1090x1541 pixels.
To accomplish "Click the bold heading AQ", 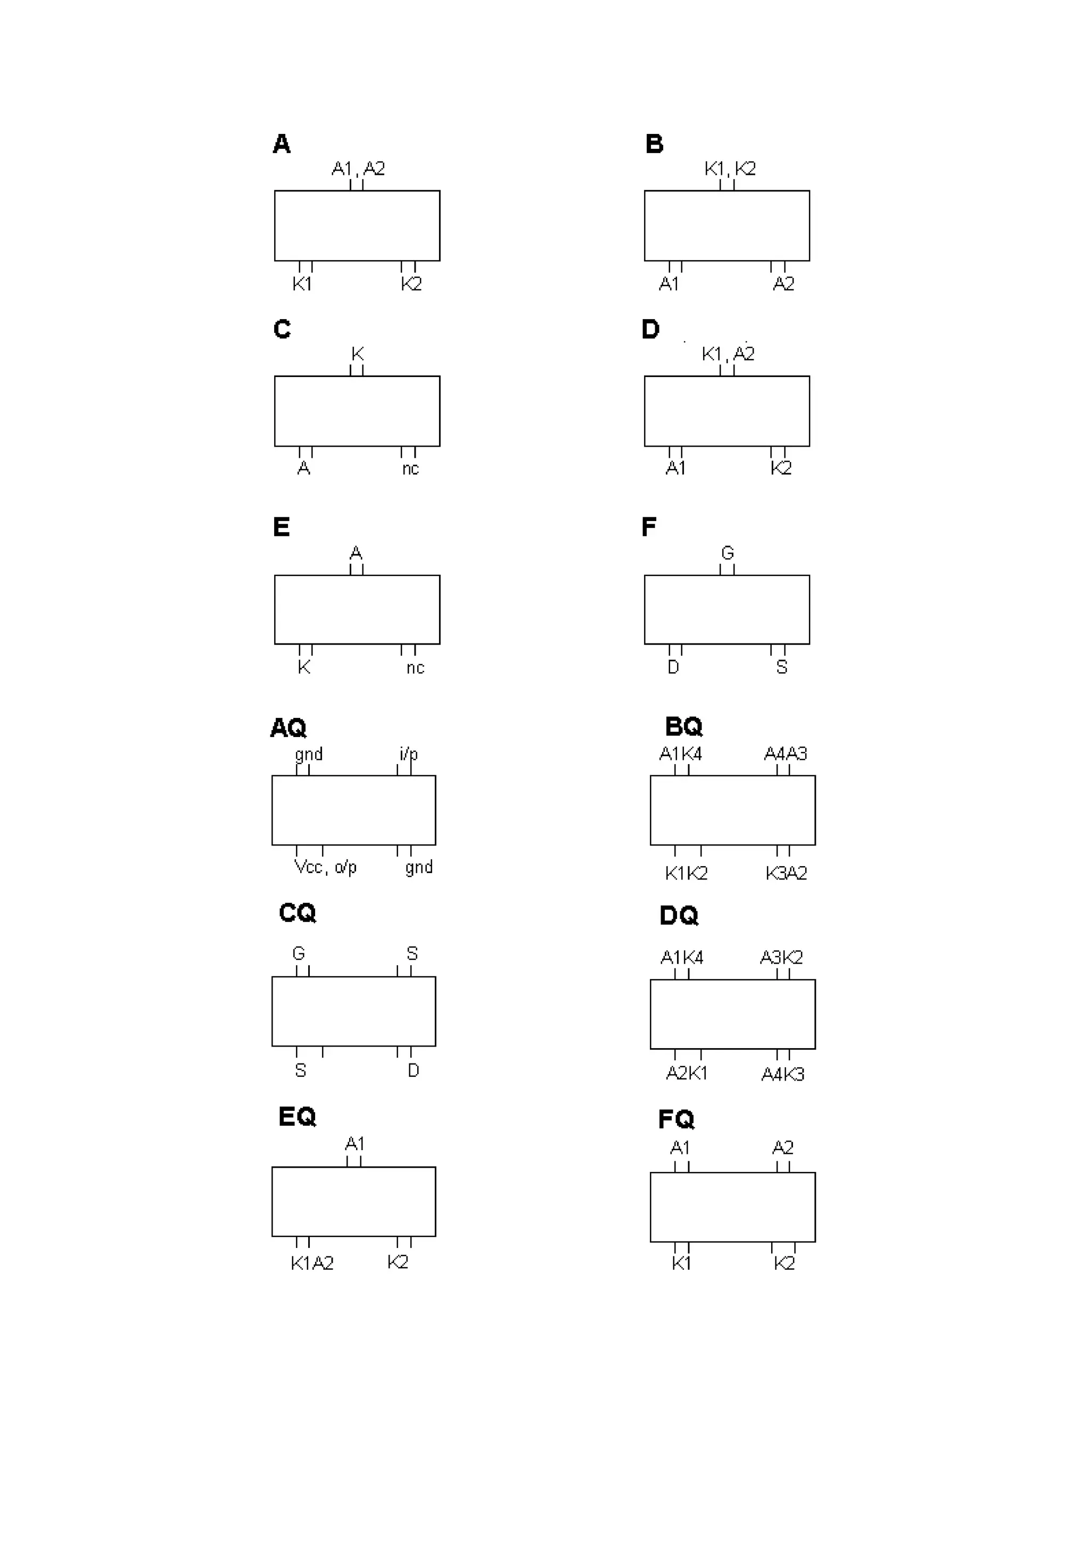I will tap(288, 727).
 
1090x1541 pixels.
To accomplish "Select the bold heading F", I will tap(649, 527).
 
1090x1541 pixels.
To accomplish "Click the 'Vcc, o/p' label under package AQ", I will tap(326, 867).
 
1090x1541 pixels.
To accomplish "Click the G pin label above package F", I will tap(728, 553).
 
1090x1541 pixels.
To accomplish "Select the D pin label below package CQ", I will tap(413, 1070).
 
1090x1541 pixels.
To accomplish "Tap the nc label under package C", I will tap(410, 468).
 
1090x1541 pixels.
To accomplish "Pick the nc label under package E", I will tap(415, 667).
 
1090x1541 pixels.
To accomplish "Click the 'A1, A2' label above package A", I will tap(358, 169).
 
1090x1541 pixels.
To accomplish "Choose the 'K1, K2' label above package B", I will tap(730, 169).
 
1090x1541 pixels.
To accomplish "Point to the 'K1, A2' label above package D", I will tap(728, 354).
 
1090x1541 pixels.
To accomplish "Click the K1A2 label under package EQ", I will tap(312, 1263).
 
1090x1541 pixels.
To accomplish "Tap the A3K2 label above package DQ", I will tap(781, 957).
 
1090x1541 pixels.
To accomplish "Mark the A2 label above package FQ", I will tap(782, 1148).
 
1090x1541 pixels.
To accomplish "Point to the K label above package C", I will tap(357, 354).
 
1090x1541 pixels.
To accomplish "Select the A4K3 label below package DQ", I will tap(782, 1075).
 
